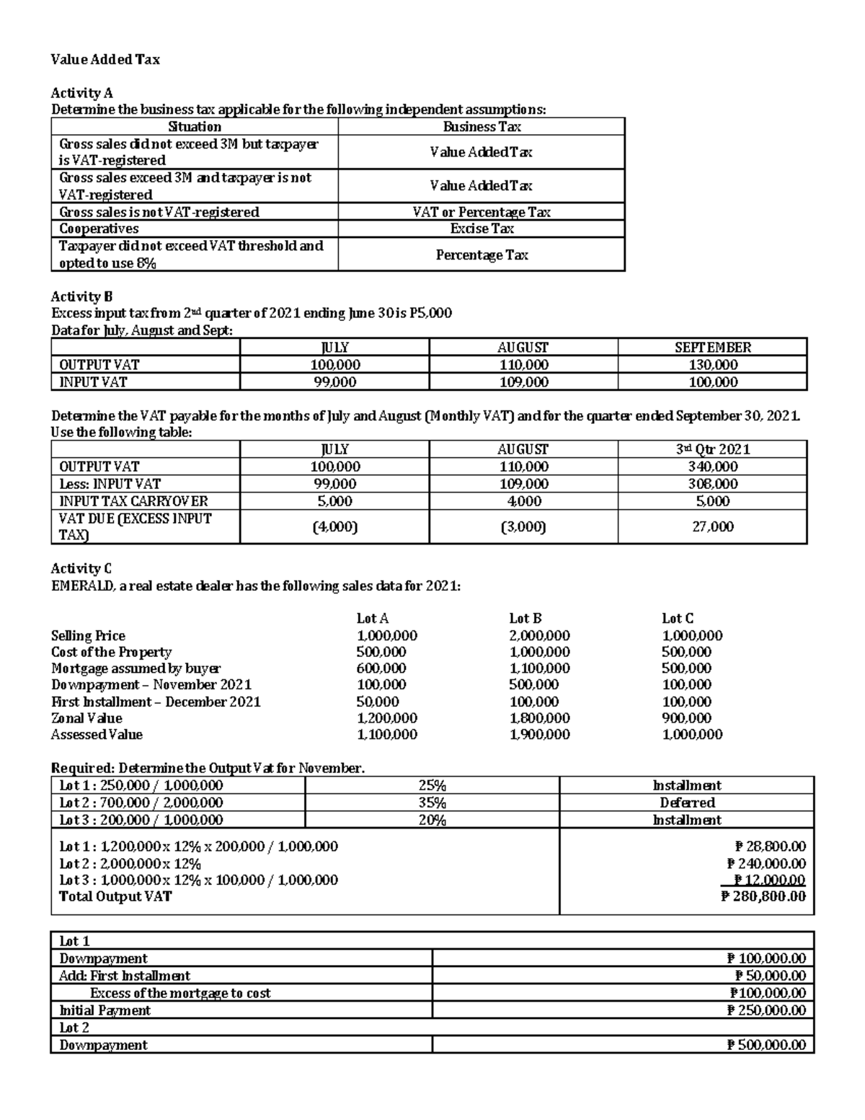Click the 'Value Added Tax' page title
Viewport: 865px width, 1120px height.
point(105,60)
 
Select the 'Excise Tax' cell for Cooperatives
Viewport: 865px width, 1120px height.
point(482,229)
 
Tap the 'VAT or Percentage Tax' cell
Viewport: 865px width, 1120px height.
point(482,212)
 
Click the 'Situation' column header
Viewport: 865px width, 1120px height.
point(195,127)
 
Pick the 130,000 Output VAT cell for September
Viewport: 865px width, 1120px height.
point(712,365)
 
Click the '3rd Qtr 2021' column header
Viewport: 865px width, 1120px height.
point(712,449)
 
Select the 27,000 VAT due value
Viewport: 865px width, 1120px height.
point(712,526)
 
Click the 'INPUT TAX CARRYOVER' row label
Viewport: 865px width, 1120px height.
point(133,501)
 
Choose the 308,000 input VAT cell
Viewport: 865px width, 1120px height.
point(712,484)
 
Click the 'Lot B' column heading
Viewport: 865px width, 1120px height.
point(525,618)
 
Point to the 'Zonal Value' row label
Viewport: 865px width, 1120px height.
point(86,718)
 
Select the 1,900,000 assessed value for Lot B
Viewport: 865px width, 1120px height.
point(539,735)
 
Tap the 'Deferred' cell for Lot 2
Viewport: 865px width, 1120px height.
point(687,803)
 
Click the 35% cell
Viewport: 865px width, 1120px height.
point(432,803)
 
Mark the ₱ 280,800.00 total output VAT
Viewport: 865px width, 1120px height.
point(763,896)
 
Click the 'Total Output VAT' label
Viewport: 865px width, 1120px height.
point(115,896)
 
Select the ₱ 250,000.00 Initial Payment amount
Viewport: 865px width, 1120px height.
point(766,1010)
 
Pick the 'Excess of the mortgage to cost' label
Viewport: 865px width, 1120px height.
point(180,993)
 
